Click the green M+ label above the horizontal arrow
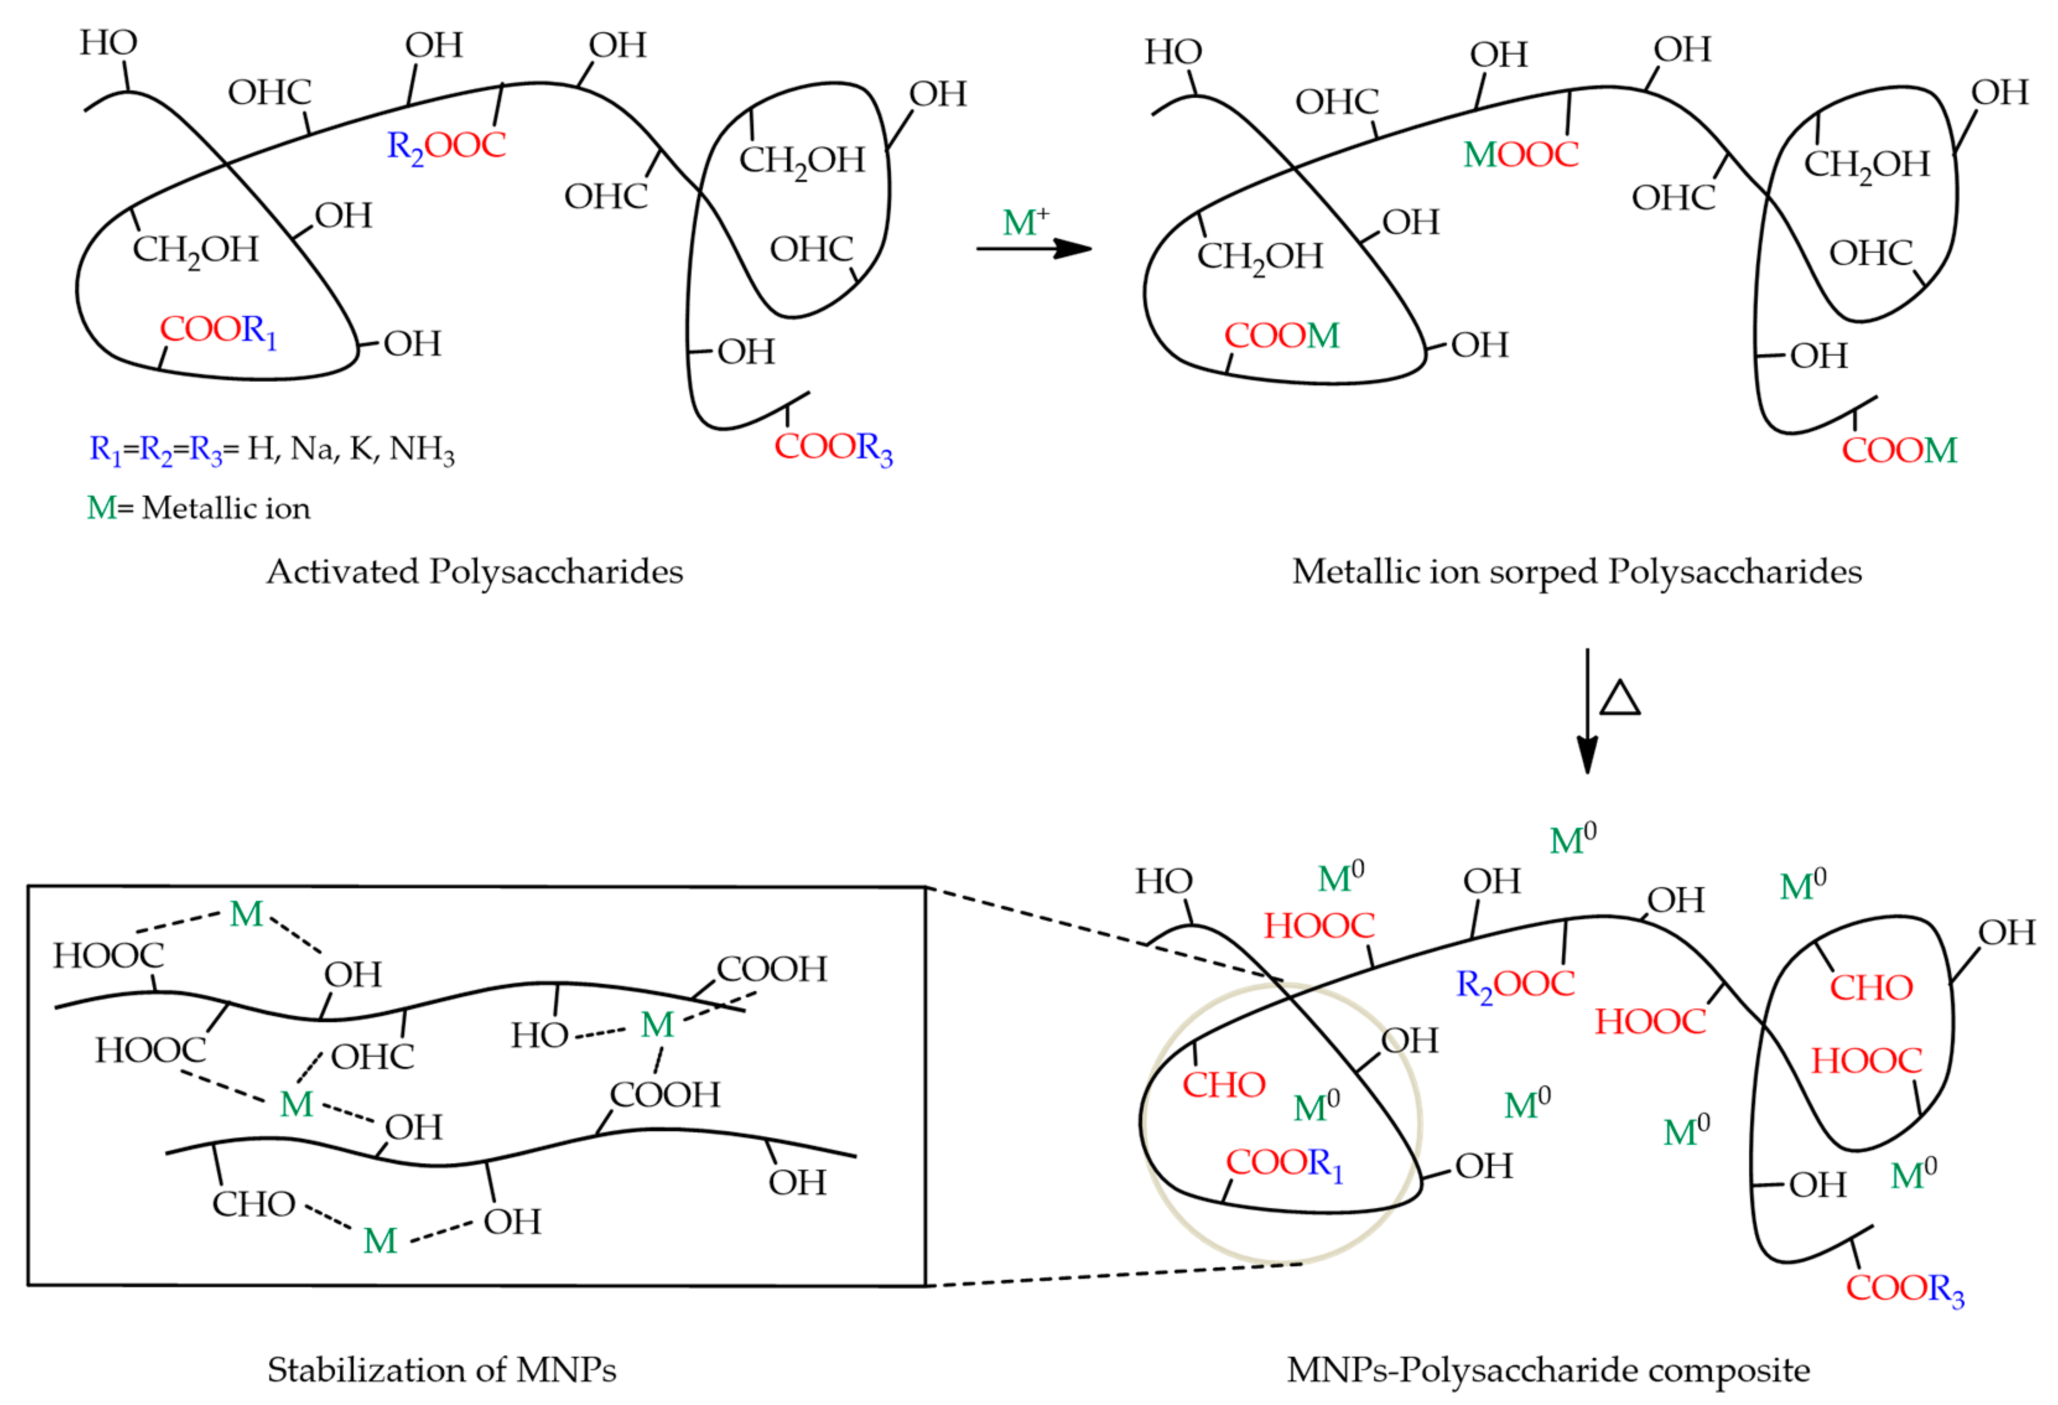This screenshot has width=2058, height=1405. click(1025, 222)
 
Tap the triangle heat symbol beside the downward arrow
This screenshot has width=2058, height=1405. click(1620, 699)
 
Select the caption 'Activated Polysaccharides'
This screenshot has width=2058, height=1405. click(475, 571)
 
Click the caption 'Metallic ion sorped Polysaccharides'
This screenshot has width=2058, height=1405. click(1576, 571)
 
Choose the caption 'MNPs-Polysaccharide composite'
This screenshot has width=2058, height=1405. click(1548, 1370)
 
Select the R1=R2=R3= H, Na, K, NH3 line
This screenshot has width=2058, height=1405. click(272, 449)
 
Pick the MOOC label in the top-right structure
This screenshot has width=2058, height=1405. click(1521, 155)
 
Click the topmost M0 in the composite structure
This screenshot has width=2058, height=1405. click(1573, 838)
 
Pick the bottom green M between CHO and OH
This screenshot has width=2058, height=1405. click(380, 1241)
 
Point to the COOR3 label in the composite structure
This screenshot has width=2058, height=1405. click(1904, 1288)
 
